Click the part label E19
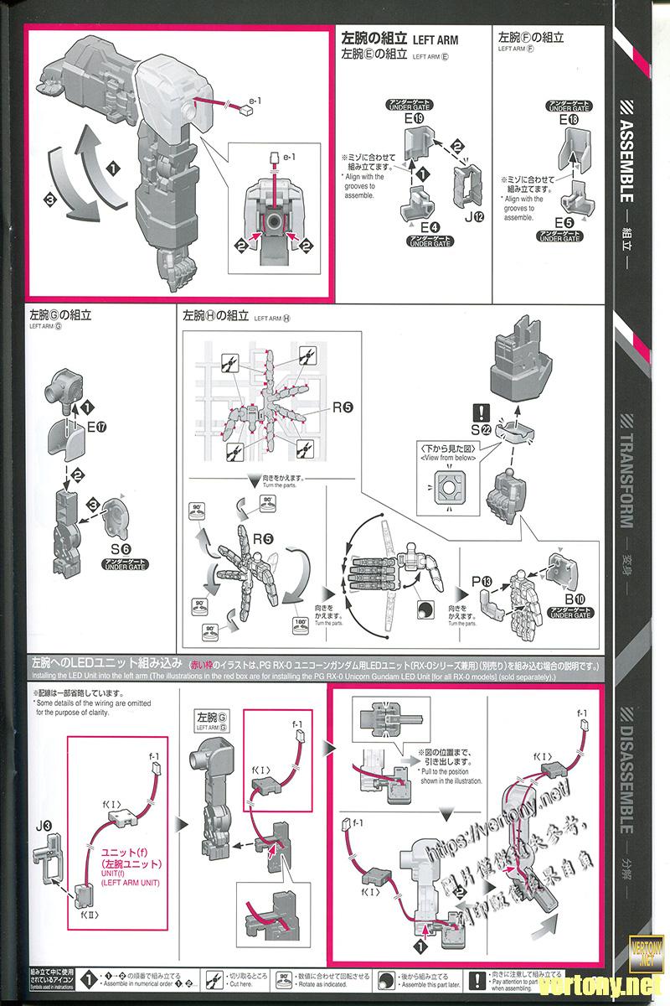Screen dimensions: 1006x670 coord(414,120)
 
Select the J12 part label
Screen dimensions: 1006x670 coord(473,219)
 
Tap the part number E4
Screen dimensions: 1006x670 coord(430,226)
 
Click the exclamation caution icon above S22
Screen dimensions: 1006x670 coord(481,411)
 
